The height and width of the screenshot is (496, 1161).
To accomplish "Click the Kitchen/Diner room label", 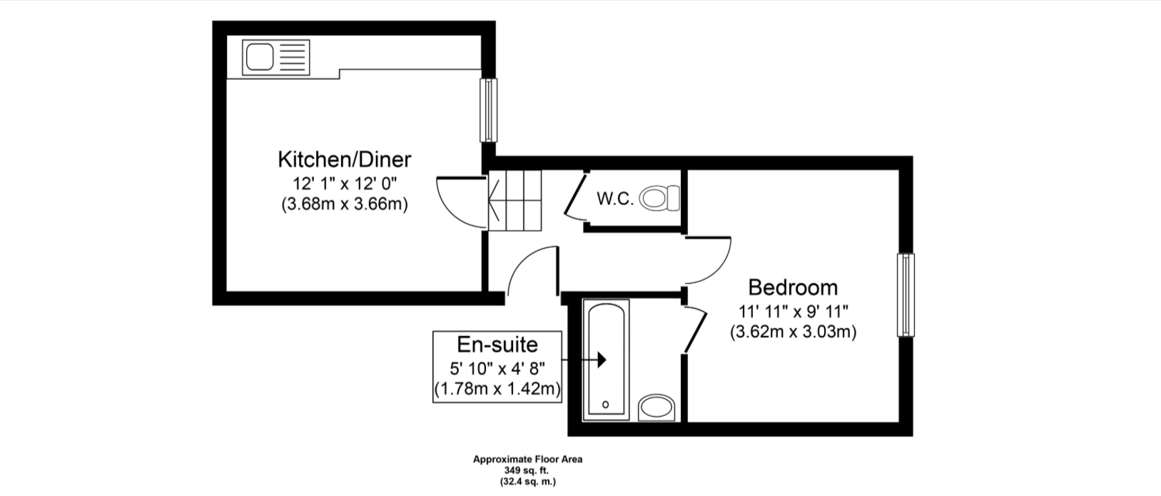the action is point(345,160).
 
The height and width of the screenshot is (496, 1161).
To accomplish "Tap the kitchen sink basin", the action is point(260,57).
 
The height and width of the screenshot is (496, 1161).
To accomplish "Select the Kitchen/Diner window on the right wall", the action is point(488,110).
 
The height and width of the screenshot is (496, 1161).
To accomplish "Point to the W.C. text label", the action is point(615,199).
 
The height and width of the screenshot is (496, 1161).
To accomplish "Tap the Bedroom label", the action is point(793,287).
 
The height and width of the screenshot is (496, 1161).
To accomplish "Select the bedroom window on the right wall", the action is point(906,295).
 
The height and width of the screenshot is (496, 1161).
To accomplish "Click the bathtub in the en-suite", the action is point(606,360).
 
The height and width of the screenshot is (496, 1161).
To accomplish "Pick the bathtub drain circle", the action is point(605,404).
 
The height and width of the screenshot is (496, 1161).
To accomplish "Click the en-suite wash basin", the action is point(656,408).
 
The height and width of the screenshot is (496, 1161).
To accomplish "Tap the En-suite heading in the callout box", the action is point(497,345).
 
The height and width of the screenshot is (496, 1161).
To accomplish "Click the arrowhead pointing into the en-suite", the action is point(602,359).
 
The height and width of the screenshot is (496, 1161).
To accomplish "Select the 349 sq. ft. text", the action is point(527,470).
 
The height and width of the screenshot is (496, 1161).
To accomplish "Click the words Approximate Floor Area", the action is point(527,459).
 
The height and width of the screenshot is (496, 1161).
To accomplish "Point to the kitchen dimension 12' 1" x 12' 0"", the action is point(345,183).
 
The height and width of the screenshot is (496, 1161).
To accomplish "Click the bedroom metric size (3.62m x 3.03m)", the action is point(793,332).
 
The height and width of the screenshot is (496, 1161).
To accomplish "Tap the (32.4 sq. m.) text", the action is point(527,482).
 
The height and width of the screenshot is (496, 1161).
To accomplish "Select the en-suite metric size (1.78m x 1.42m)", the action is point(497,389).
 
